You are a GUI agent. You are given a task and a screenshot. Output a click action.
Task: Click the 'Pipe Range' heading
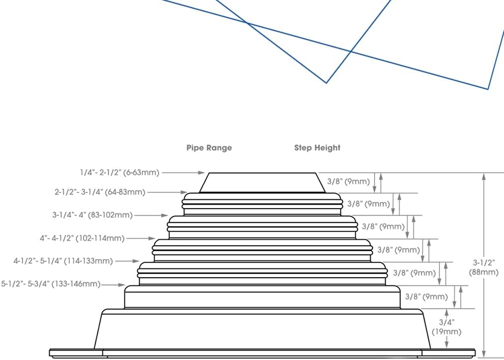pos(209,148)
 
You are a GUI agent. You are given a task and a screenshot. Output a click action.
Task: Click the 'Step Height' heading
pos(317,148)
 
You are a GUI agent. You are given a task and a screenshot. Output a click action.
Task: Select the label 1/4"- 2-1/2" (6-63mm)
pos(119,173)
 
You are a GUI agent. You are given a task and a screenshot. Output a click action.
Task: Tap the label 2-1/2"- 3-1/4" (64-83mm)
pos(100,192)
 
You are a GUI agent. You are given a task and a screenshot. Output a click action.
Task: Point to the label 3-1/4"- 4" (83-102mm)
pos(92,215)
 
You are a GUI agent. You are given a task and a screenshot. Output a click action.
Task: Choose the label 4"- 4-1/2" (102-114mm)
pos(82,238)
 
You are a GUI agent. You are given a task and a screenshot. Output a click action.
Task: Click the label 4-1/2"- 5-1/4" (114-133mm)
pos(63,261)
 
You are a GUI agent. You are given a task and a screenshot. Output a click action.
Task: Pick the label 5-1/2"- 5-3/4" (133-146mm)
pos(51,284)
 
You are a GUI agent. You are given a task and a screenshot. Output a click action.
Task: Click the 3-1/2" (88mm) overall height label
pos(484,268)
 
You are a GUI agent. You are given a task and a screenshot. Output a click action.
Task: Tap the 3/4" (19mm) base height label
pos(447,327)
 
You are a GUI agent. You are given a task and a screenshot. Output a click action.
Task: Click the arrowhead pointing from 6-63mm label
pos(201,173)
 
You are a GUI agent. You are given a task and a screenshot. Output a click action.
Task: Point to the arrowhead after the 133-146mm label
pos(121,284)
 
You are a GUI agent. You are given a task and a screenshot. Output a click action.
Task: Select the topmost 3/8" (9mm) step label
pos(349,181)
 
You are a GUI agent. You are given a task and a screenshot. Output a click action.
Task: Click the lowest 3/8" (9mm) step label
pos(426,297)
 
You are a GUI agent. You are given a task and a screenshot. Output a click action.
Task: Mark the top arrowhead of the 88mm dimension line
pos(484,176)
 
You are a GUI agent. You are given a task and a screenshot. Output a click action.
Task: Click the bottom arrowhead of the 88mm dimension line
pos(484,354)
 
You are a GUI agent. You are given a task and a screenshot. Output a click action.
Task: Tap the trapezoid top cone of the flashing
pos(262,183)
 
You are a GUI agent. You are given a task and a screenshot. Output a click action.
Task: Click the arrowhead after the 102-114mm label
pos(152,238)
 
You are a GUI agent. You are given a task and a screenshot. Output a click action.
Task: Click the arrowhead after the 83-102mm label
pos(165,215)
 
